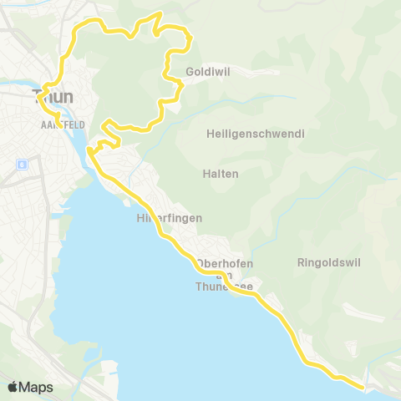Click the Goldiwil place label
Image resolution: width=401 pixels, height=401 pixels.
tap(208, 72)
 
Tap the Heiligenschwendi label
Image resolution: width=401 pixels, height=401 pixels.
tap(255, 134)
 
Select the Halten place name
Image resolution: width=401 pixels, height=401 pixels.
tap(221, 174)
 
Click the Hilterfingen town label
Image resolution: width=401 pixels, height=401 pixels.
tap(169, 218)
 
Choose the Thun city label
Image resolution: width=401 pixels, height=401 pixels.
tap(52, 97)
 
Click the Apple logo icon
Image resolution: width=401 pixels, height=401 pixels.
tap(13, 387)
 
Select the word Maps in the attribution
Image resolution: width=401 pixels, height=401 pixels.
tap(36, 387)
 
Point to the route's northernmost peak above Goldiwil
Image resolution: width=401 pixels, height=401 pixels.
tap(159, 14)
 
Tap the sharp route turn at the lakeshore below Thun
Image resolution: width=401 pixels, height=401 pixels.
tap(88, 152)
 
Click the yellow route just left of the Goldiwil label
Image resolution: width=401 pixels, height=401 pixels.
tap(169, 69)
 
